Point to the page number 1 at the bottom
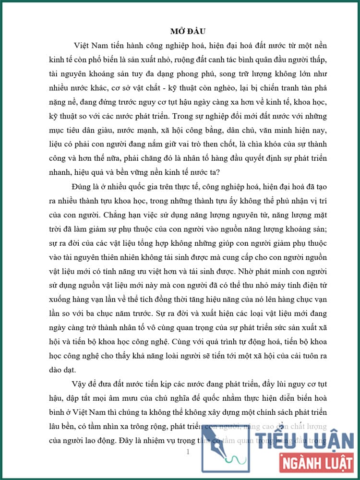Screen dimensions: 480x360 coord(188,452)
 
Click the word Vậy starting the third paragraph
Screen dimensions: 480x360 coord(79,385)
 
